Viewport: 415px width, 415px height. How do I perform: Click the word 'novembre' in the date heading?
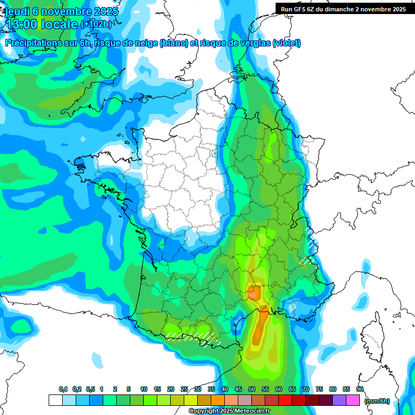click(x=64, y=11)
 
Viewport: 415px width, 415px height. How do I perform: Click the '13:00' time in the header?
click(x=22, y=24)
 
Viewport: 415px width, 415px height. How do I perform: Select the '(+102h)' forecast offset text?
click(x=96, y=24)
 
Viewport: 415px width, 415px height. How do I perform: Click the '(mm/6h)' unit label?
click(x=376, y=401)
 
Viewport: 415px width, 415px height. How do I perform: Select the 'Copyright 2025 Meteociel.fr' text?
click(x=229, y=411)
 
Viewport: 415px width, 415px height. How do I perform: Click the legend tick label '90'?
click(x=359, y=389)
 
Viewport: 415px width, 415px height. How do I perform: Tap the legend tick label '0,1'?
click(x=63, y=389)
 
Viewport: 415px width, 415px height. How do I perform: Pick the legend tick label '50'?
click(x=252, y=389)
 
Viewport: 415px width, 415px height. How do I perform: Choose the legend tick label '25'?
click(x=184, y=389)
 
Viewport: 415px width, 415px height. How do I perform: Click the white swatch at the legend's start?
click(x=55, y=400)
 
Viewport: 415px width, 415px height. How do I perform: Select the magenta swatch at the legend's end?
click(x=353, y=400)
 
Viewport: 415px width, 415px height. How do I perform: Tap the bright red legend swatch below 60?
click(x=285, y=400)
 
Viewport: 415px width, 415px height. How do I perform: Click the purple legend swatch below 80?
click(x=339, y=400)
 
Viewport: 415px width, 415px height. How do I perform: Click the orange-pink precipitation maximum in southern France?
click(x=253, y=293)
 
